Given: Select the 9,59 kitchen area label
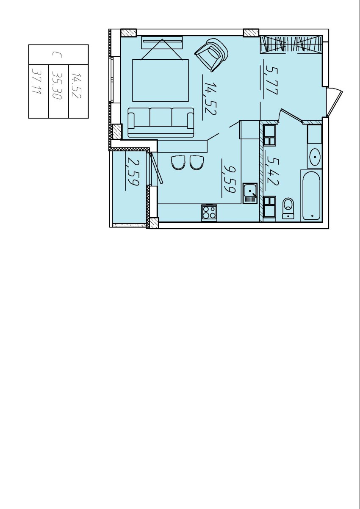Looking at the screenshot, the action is [x=229, y=178].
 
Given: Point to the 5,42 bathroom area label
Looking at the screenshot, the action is [x=272, y=171].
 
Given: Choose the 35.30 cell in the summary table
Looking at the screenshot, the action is [x=57, y=85].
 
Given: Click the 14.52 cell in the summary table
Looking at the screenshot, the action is [x=76, y=86].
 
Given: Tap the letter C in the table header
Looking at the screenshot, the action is [x=57, y=55].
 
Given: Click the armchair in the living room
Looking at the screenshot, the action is [x=211, y=55].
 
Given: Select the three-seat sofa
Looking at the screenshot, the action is [x=161, y=123].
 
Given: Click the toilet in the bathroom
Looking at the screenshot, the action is [x=288, y=208].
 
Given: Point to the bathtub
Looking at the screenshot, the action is [x=311, y=196].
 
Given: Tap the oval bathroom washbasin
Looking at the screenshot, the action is [x=315, y=157].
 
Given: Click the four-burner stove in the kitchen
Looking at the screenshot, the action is [x=209, y=213].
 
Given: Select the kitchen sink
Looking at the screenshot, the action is [x=250, y=193].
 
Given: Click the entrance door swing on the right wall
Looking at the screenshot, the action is [x=335, y=102].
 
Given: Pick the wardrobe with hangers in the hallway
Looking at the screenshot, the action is [x=291, y=44].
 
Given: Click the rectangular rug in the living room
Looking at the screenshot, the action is [x=161, y=80].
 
